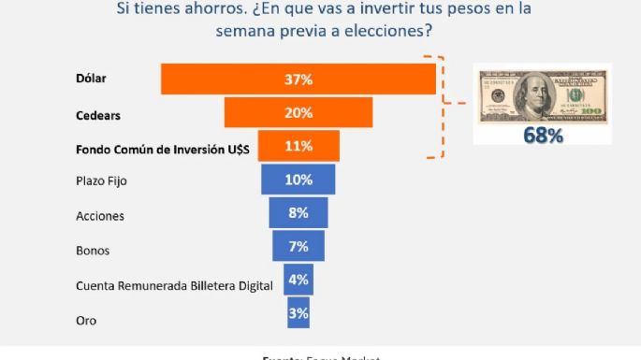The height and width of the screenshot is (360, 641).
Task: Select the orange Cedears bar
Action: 299,113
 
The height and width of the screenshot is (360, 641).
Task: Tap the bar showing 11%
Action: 299,147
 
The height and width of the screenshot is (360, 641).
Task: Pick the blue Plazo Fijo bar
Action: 299,180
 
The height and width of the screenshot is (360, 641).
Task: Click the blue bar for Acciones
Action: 299,212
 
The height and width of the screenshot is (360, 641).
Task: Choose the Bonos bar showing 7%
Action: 299,246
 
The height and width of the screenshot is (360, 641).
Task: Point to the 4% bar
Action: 299,280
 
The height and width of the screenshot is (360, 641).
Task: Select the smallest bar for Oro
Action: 299,313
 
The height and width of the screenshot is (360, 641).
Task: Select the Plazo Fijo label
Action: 100,180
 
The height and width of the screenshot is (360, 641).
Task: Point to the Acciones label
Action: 99,216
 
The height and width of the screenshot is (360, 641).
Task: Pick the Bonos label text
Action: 94,251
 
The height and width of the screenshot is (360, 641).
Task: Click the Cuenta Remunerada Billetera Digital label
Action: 173,285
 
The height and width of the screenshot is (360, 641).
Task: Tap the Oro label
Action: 85,321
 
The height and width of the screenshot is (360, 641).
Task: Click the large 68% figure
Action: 543,137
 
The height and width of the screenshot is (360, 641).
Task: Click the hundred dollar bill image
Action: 541,96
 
